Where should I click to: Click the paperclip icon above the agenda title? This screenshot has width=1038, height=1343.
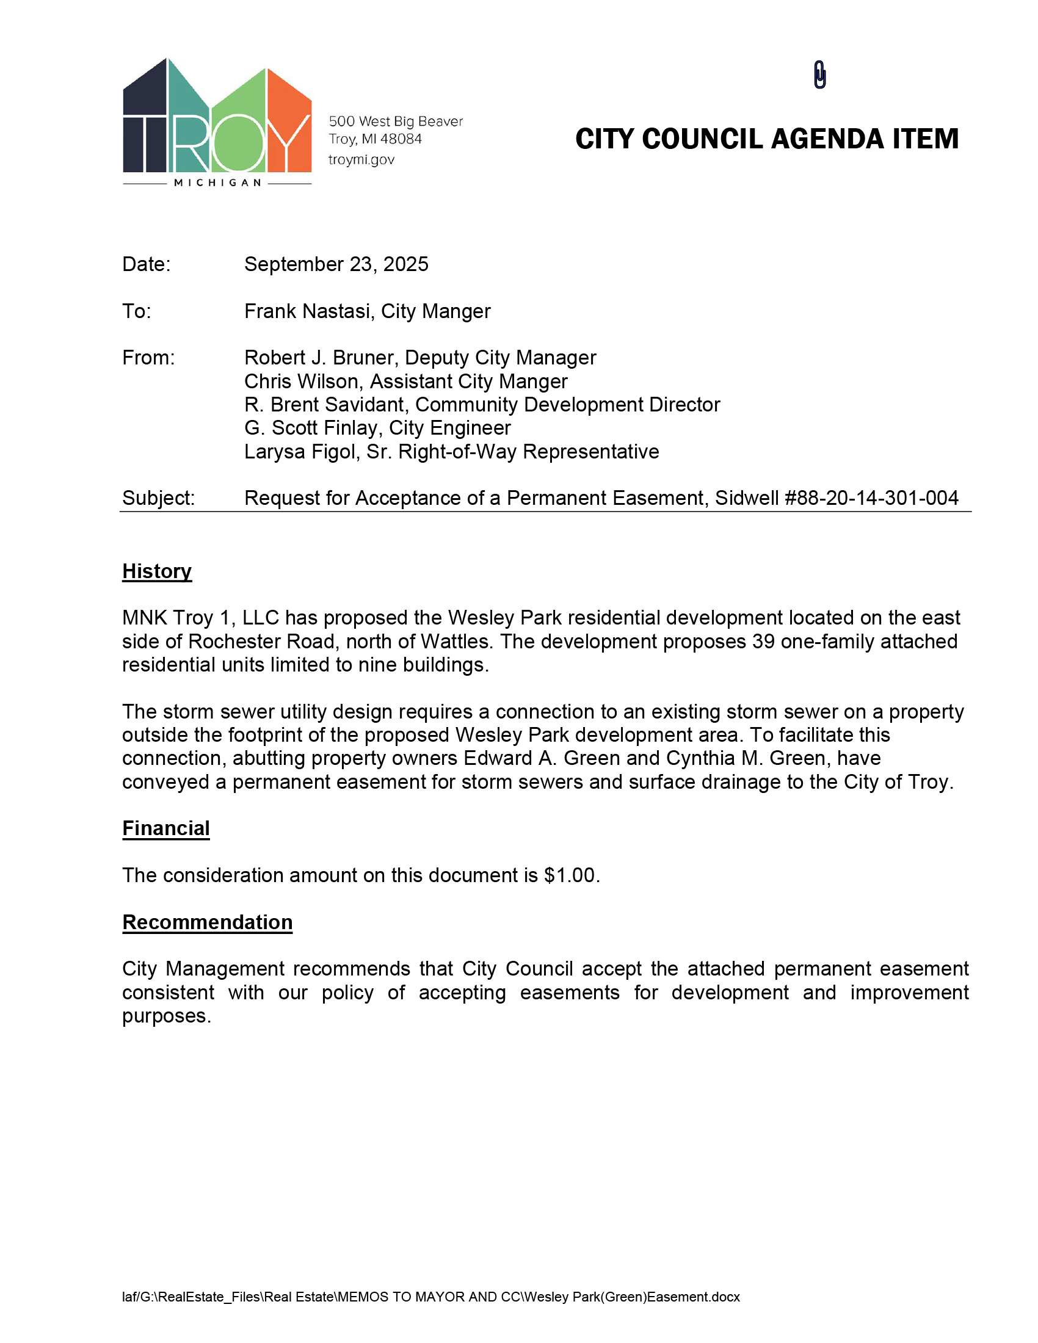[819, 75]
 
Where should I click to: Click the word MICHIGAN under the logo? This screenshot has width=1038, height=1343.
[218, 183]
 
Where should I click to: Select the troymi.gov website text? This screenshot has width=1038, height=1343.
[361, 160]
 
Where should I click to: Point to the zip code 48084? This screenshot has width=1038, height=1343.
[401, 139]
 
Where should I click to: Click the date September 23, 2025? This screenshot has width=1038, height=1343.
[336, 264]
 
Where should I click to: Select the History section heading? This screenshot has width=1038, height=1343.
[157, 571]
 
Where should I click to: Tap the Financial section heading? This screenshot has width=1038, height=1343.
[166, 828]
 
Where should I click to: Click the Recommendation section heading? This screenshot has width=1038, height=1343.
[207, 922]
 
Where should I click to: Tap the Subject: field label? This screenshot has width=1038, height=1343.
[158, 498]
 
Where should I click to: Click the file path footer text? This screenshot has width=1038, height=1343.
[430, 1297]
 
